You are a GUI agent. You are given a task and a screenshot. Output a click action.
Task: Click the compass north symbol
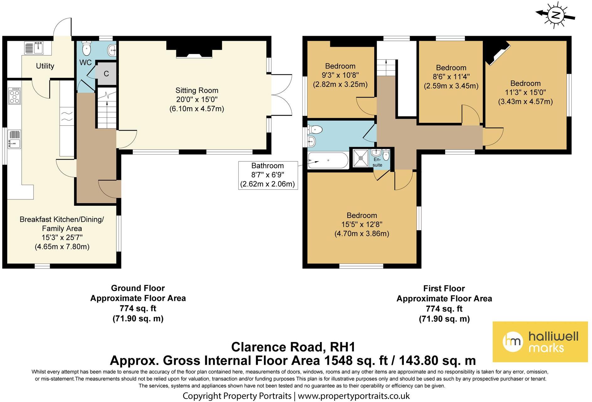coord(556,15)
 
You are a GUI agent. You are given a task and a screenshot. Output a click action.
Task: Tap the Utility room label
coord(45,66)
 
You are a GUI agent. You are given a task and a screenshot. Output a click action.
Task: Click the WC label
coord(85,62)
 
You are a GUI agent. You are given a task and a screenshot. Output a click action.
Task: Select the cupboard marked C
coord(106,73)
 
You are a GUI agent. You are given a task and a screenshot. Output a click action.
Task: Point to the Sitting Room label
coord(197,90)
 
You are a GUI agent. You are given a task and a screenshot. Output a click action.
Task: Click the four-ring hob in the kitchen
coord(15,96)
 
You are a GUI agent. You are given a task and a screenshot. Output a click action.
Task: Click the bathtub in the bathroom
coord(328,160)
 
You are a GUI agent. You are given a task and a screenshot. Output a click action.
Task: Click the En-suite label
coord(377,162)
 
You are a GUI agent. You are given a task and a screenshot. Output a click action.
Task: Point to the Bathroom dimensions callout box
coord(268,175)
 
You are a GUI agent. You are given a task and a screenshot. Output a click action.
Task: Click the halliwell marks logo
coord(540,342)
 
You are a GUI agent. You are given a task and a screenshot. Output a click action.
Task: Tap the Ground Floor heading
coord(138,288)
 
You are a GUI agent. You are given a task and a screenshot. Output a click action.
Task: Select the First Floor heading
coord(444,288)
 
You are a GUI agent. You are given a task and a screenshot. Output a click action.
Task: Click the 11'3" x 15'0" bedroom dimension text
coord(525,92)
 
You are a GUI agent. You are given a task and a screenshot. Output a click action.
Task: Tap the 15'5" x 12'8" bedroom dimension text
coord(362,224)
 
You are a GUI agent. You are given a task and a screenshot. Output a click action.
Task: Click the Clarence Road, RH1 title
coord(293,347)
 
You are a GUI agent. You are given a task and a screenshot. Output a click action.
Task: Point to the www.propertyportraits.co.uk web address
coord(354,396)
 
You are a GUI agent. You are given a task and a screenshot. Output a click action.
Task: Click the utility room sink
coord(34,48)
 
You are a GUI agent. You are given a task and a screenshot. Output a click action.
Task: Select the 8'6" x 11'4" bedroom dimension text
coord(451,77)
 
